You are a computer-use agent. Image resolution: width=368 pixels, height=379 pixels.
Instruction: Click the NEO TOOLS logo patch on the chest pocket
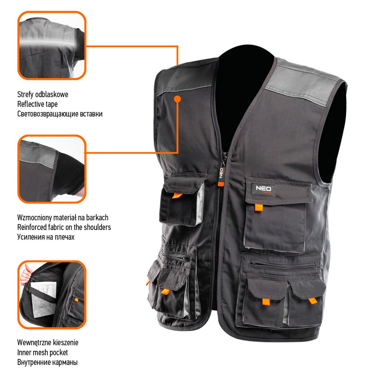[263, 189]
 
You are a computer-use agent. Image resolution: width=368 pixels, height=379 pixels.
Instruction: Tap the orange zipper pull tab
[221, 184]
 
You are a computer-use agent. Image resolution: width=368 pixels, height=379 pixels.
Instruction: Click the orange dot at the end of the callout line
[177, 99]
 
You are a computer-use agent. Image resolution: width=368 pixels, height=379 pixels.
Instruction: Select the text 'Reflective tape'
[37, 104]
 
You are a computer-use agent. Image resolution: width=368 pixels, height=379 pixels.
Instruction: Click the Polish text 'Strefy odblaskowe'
[43, 94]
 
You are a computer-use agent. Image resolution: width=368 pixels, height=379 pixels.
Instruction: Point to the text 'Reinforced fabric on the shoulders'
[64, 227]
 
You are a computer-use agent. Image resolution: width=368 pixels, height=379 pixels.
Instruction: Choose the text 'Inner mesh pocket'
[43, 353]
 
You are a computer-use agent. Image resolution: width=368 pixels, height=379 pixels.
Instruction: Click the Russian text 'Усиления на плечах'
[46, 237]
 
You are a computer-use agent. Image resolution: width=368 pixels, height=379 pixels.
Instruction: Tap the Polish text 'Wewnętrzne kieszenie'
[48, 342]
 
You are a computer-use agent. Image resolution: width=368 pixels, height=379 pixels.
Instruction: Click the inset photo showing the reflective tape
[52, 45]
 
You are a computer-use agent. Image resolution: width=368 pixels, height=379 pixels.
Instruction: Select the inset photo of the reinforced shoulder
[52, 169]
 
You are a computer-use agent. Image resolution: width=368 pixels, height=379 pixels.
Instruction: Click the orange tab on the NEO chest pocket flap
[259, 207]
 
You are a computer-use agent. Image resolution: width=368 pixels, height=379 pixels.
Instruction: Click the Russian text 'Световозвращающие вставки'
[60, 114]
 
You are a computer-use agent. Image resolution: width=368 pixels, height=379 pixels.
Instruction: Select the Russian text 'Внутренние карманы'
[47, 362]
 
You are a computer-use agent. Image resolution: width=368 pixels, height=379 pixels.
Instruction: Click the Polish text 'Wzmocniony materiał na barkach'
[63, 218]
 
